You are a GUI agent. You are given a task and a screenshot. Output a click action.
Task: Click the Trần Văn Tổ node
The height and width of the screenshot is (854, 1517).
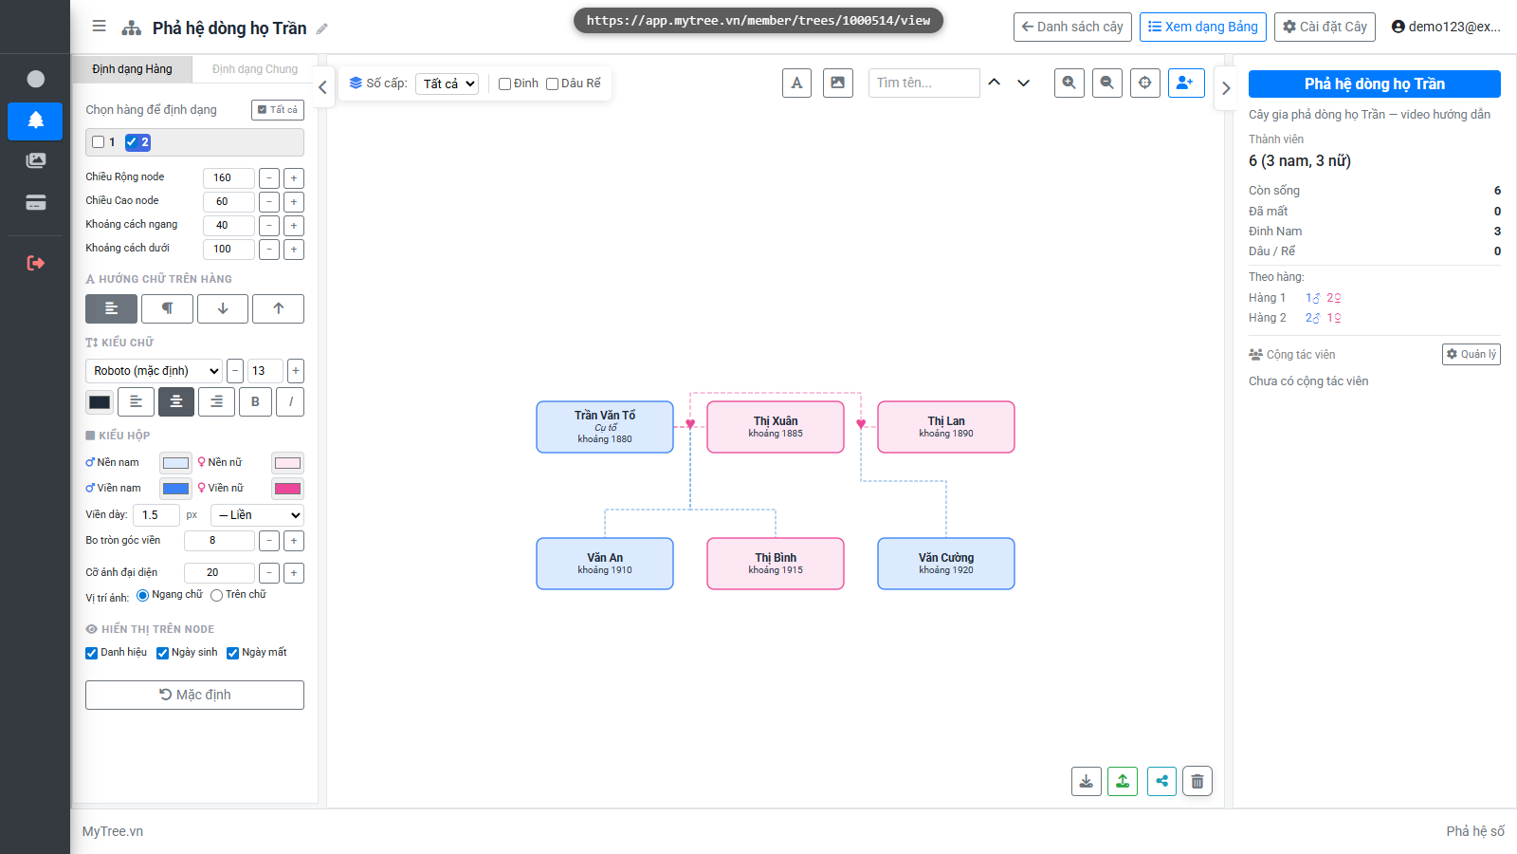point(605,427)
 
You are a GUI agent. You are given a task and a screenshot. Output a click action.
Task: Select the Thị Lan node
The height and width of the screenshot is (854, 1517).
point(946,427)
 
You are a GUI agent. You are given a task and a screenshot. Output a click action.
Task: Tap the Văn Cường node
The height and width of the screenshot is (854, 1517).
point(946,564)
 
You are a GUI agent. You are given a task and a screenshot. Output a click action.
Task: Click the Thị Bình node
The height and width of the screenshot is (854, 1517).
point(776,564)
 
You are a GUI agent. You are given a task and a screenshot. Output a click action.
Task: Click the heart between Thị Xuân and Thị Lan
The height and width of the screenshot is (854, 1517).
point(861,423)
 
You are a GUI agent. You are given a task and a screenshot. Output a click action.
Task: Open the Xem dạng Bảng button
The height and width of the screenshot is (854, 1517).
point(1203,28)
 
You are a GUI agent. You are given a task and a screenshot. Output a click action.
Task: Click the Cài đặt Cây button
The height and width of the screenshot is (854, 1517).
point(1325,28)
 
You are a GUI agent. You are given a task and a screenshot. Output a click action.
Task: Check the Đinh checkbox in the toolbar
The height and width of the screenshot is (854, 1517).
point(504,84)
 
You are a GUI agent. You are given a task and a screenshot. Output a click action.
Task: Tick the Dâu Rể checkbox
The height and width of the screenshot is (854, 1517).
point(553,84)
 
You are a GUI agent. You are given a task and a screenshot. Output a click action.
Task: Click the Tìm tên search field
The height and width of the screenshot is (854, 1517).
point(923,83)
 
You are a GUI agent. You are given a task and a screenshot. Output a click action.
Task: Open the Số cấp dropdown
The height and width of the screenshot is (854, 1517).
point(447,84)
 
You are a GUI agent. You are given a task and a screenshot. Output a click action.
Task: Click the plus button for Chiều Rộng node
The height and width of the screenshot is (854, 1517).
point(294,178)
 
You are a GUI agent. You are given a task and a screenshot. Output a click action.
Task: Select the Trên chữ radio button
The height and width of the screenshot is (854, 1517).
point(217,595)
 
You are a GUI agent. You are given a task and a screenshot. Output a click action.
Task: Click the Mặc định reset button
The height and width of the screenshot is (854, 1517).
point(195,695)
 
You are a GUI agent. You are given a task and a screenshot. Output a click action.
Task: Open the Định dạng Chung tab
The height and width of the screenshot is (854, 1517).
point(255,69)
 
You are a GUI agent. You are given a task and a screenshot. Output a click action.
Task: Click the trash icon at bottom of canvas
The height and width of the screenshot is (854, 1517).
point(1197,782)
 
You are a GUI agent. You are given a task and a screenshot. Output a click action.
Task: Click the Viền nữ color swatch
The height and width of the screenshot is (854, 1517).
point(288,488)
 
